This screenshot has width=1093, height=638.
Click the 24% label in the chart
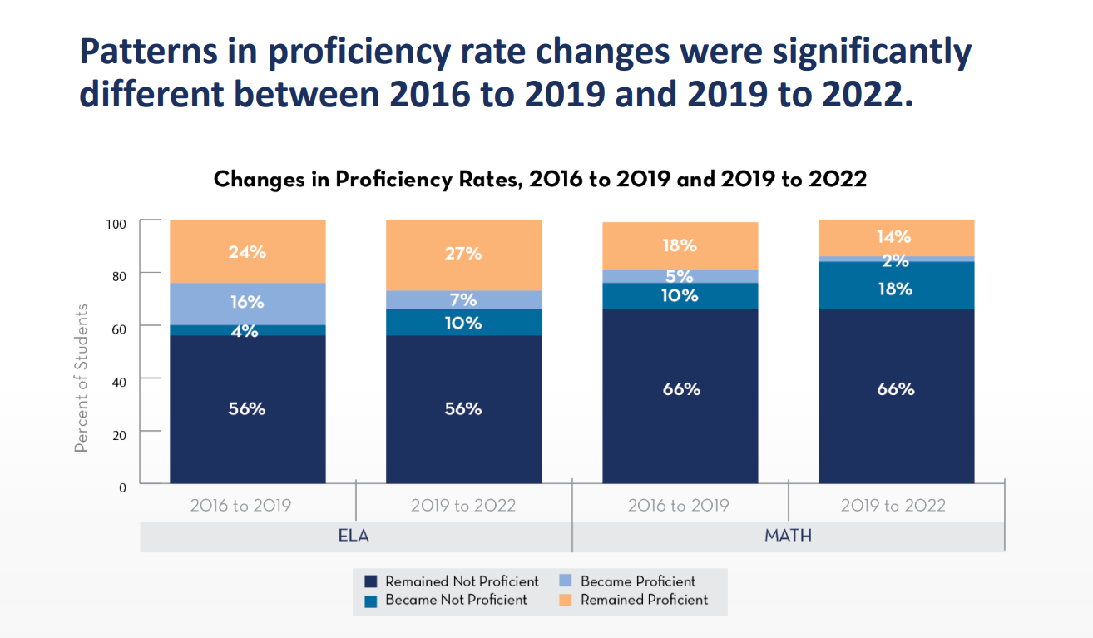(247, 251)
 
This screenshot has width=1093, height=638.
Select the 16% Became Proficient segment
(247, 303)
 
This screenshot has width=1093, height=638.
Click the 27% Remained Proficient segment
(463, 255)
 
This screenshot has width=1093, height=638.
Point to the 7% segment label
(463, 300)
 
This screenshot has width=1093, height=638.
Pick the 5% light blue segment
(680, 276)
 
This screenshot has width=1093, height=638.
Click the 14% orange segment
(896, 236)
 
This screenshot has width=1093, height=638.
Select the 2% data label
(896, 260)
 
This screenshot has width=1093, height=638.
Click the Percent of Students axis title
(81, 378)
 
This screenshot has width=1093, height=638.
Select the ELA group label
(354, 536)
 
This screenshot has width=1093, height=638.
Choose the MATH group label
(788, 536)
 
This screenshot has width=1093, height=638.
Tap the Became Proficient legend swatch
(566, 582)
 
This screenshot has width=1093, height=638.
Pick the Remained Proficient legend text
(644, 600)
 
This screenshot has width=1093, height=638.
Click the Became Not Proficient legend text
(456, 600)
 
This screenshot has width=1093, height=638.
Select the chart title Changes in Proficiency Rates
(540, 179)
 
